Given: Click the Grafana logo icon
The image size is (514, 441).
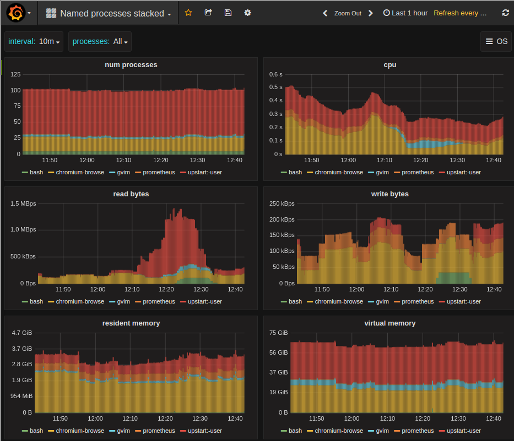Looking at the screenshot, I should pos(15,13).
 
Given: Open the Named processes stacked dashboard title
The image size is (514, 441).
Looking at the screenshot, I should pos(112,13).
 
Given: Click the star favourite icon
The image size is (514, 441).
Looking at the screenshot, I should pos(188,13).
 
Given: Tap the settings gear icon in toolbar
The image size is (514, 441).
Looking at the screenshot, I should pos(248,13).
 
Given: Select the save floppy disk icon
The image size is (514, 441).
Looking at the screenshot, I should pos(228,13).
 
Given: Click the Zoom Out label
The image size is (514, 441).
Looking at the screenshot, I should pos(348,13).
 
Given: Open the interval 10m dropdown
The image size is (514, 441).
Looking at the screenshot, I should pos(34,41).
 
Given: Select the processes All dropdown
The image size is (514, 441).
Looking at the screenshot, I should pos(100,41).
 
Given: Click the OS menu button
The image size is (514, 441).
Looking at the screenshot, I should pos(496,41).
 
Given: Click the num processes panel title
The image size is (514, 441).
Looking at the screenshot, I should pos(131,65).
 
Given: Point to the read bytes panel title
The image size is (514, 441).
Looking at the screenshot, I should pos(131,194).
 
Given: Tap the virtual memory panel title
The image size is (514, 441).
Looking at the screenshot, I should pos(390,323).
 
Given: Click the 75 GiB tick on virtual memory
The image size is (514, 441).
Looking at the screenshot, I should pos(279,333).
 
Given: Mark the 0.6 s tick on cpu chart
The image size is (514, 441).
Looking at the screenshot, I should pos(275,74).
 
